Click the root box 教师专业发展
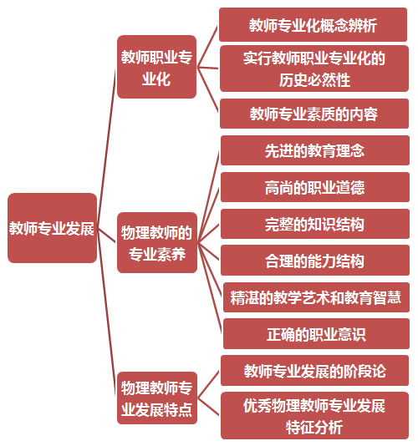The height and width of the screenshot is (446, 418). pyautogui.click(x=52, y=228)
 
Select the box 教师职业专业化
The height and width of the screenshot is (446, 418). pyautogui.click(x=156, y=67)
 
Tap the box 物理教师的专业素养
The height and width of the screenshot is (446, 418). pyautogui.click(x=157, y=242)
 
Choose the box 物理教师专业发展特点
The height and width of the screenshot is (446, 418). pyautogui.click(x=157, y=398)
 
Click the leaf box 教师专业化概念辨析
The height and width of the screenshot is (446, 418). pyautogui.click(x=313, y=25)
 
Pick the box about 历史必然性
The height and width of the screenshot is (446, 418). pyautogui.click(x=314, y=68)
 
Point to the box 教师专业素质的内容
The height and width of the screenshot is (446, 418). pyautogui.click(x=314, y=114)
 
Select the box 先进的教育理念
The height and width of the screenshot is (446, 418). pyautogui.click(x=315, y=150)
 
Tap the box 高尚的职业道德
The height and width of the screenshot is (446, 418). pyautogui.click(x=315, y=187)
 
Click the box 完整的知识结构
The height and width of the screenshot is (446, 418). pyautogui.click(x=315, y=224)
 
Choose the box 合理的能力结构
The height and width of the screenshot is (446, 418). pyautogui.click(x=315, y=261)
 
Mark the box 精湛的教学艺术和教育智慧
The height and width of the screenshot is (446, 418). pyautogui.click(x=316, y=297)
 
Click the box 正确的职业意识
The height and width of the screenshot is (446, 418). pyautogui.click(x=316, y=333)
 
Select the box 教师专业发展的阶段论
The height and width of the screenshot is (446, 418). pyautogui.click(x=314, y=370)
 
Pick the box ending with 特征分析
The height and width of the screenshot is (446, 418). pyautogui.click(x=314, y=416)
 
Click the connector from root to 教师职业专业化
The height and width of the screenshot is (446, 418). pyautogui.click(x=106, y=148)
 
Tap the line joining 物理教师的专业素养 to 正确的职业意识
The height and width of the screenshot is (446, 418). pyautogui.click(x=209, y=288)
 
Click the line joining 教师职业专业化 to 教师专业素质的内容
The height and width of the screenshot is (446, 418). pyautogui.click(x=207, y=90)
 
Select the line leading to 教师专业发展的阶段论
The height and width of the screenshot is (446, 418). pyautogui.click(x=208, y=384)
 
